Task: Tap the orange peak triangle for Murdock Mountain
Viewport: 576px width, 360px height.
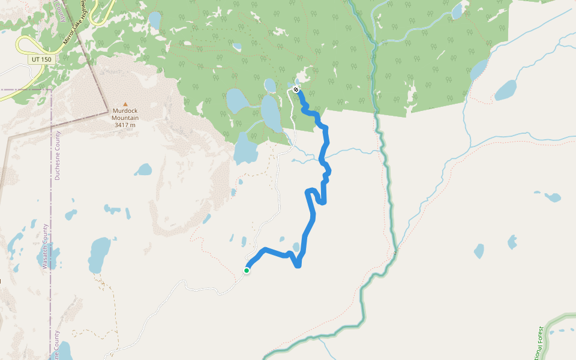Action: pos(125,104)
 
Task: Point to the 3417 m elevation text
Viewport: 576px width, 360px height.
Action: pos(125,125)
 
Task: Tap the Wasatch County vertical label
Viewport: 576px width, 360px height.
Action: pos(46,246)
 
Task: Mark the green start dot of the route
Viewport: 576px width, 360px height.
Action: pos(247,271)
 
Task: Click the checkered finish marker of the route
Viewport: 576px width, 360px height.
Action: pos(296,89)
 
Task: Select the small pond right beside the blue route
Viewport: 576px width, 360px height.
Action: pos(296,247)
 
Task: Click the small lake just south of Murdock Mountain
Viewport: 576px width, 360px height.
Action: pos(143,170)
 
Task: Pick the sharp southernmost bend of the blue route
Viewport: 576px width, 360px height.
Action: pos(298,266)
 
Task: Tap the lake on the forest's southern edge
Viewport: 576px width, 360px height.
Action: pos(245,149)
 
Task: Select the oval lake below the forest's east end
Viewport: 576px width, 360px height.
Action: pos(505,91)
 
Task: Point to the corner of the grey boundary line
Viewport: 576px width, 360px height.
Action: pos(107,110)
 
